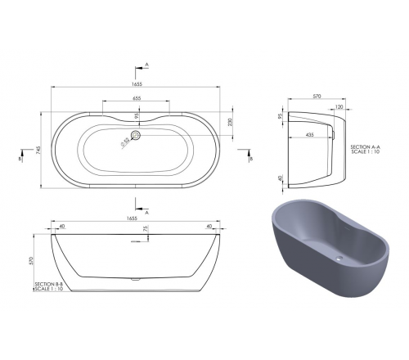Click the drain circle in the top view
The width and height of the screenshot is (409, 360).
click(136, 135)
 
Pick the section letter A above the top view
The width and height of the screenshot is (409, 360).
click(146, 63)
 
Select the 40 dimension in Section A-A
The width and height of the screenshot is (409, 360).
click(280, 178)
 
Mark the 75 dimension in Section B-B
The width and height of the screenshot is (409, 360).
click(146, 232)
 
